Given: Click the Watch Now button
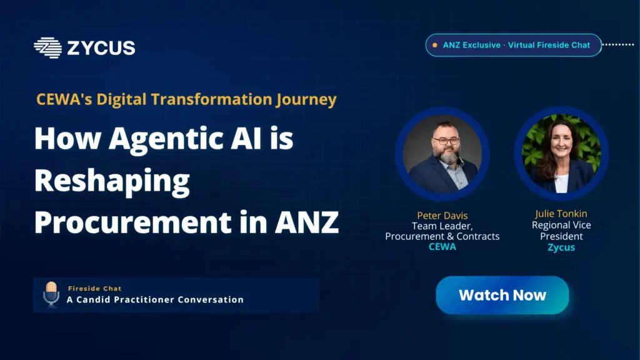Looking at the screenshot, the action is pos(502,295).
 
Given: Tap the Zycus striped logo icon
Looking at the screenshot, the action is pos(47,47).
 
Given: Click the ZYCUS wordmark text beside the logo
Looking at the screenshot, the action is pos(101,47).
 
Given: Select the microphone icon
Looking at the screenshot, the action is pos(51,294).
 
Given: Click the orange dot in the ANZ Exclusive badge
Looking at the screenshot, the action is pos(435,45).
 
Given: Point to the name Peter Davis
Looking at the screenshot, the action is pos(442,216).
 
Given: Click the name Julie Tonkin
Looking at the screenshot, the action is pos(561,214).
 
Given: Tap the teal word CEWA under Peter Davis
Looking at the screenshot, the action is pos(442,246).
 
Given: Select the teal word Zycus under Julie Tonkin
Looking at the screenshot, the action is pos(561,247).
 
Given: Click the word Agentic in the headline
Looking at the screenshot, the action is pos(166,139).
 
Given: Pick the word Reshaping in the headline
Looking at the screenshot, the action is pos(112,181).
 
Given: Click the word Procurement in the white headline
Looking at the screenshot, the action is pos(133,222).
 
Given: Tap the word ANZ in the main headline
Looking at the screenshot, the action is pos(306,222).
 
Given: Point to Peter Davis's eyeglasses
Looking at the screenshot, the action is pos(446,141).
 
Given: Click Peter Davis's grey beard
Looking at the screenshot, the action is pos(449,156).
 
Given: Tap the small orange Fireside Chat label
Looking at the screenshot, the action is pos(95,289).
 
